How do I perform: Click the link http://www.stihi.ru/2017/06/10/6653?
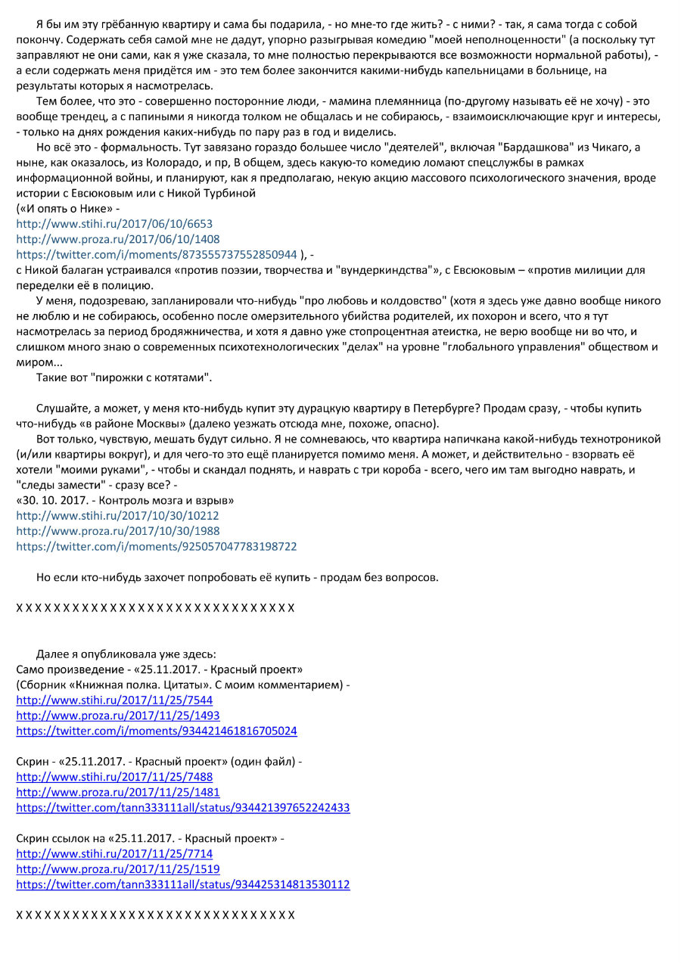(114, 224)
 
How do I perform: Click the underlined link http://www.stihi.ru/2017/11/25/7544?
(114, 700)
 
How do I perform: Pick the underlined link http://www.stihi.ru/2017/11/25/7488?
(114, 777)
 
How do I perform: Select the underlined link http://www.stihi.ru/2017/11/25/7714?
(114, 854)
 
